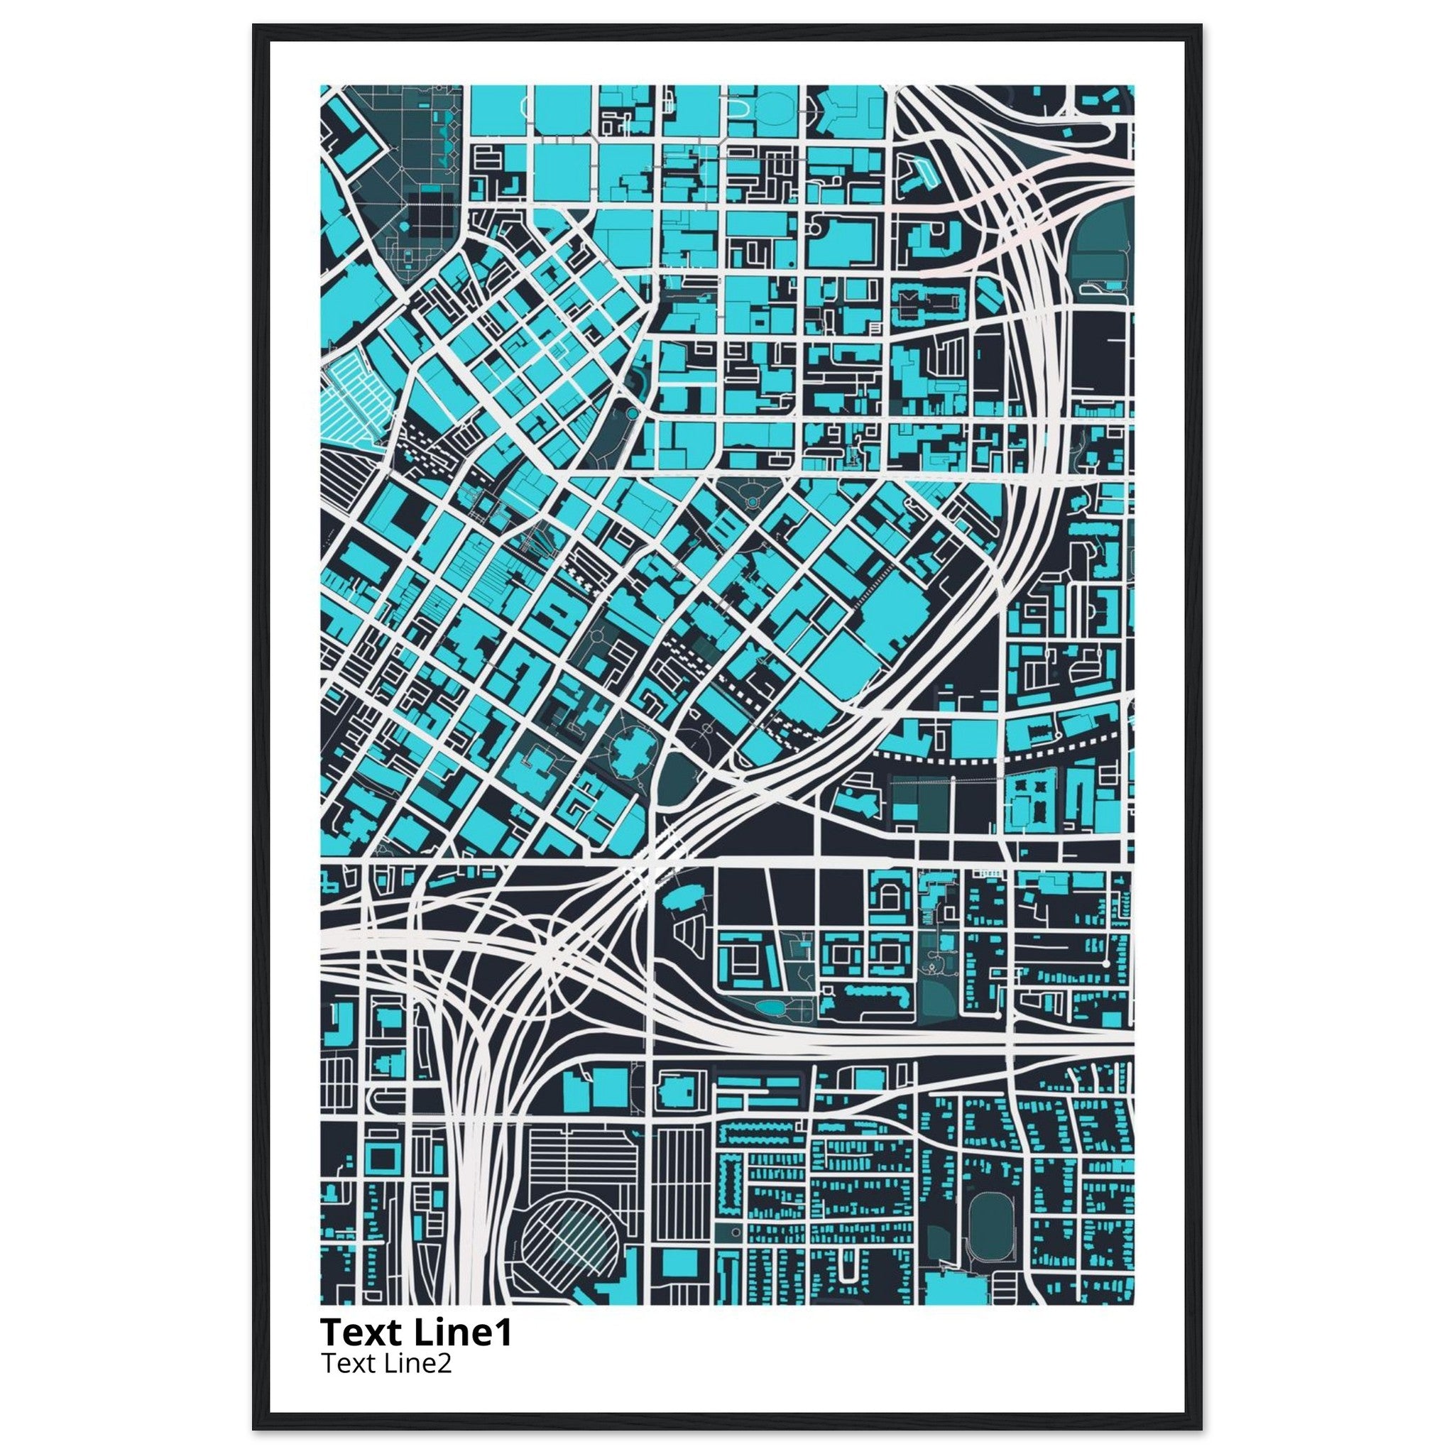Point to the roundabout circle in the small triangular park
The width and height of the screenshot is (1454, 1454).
[x=750, y=501]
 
